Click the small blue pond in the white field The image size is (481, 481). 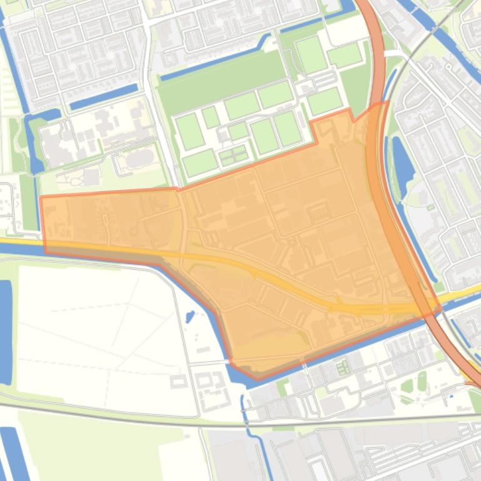point(190,316)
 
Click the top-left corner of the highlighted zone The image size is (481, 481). point(41,197)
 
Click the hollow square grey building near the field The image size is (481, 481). point(178,381)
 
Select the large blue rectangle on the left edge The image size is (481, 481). point(5,331)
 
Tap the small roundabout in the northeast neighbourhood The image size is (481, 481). point(430,207)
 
